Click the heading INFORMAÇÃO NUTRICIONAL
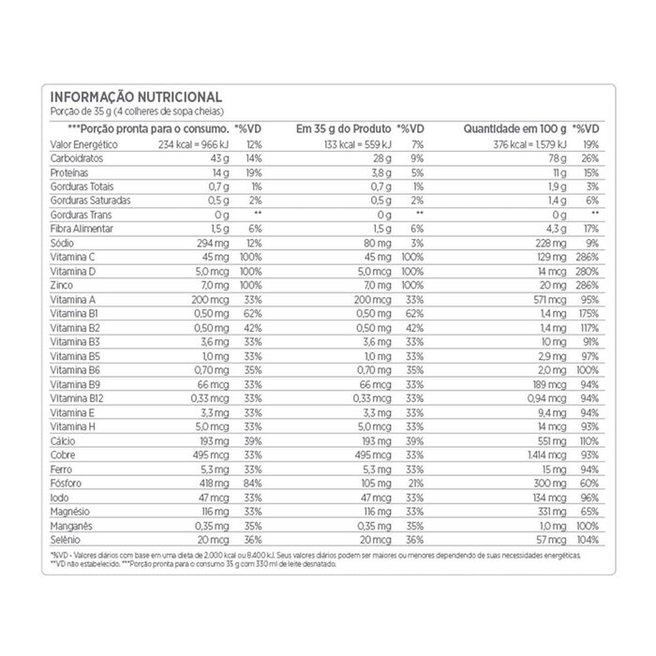click(x=135, y=97)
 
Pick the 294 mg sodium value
click(x=214, y=242)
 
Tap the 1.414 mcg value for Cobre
click(x=547, y=452)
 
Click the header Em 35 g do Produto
click(x=343, y=127)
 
